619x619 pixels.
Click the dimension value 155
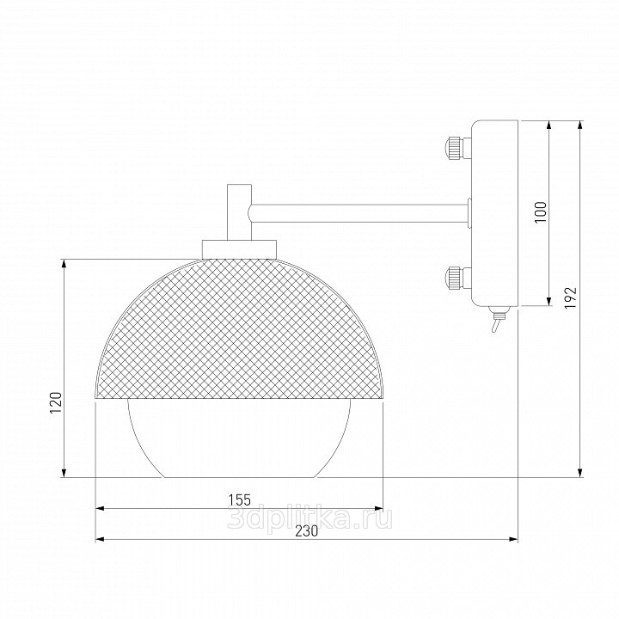coord(240,499)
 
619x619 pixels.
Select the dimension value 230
coord(307,531)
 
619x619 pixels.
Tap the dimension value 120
coord(56,402)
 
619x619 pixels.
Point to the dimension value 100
coord(541,212)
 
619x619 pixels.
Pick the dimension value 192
coord(570,297)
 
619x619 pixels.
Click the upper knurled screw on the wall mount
coord(458,147)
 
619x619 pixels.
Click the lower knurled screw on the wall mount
coord(458,278)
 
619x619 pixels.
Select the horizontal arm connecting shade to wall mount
coord(359,213)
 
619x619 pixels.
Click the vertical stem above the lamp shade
coord(239,212)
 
